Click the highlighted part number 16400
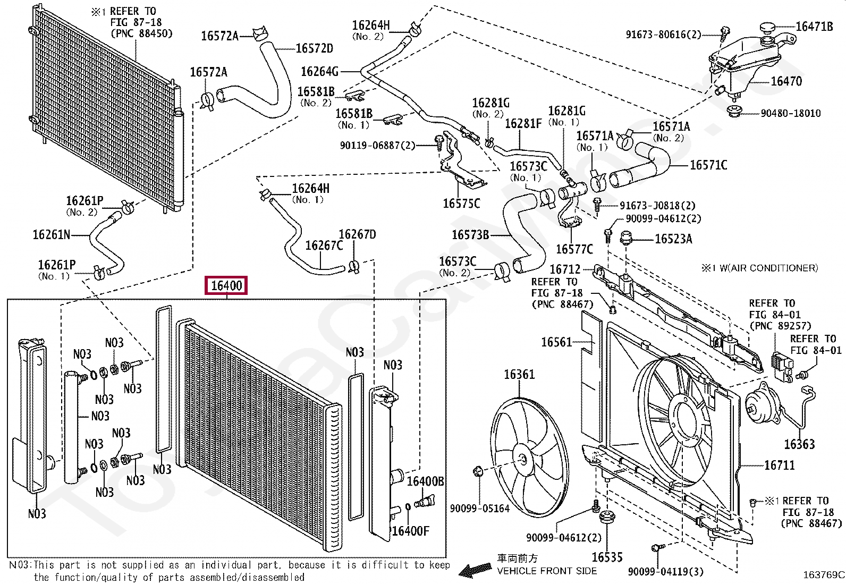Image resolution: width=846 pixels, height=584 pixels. click(x=226, y=286)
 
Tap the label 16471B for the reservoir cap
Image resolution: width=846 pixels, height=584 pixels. click(x=814, y=26)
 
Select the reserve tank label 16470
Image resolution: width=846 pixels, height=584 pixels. click(x=786, y=81)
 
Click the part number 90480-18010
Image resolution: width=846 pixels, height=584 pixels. click(x=790, y=113)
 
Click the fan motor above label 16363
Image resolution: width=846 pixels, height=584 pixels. click(x=760, y=407)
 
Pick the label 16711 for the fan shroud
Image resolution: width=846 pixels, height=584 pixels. click(x=779, y=465)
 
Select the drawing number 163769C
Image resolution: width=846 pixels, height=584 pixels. click(x=823, y=574)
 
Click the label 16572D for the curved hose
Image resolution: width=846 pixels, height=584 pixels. click(x=314, y=48)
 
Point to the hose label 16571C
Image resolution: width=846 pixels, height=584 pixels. click(x=708, y=165)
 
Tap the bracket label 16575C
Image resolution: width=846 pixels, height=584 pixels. click(x=461, y=204)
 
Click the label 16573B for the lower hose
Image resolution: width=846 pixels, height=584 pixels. click(x=470, y=234)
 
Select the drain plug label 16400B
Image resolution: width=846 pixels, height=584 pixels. click(x=425, y=481)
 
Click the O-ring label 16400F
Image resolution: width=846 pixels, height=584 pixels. click(x=410, y=530)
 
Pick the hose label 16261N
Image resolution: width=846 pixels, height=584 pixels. click(x=51, y=234)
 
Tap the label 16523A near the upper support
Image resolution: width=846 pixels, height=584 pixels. click(x=673, y=239)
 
